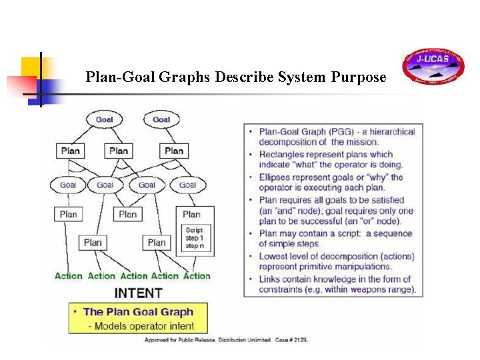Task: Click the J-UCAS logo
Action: (x=433, y=67)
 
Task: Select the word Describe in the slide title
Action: (x=245, y=77)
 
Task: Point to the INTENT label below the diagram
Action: (x=139, y=293)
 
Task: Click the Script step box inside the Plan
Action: (x=195, y=238)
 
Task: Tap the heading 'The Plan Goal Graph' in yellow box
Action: (x=138, y=311)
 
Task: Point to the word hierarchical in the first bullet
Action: (x=389, y=131)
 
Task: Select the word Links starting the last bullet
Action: (x=271, y=279)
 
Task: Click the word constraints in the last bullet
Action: (x=282, y=290)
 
